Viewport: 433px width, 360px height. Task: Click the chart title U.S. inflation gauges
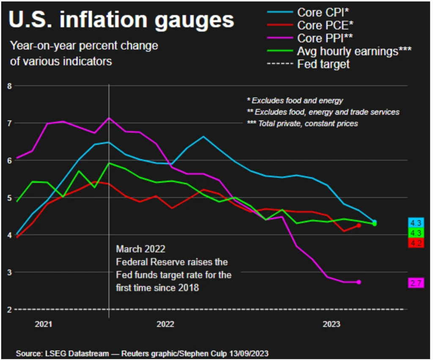tap(121, 20)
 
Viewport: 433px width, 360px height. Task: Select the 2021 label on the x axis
tap(44, 324)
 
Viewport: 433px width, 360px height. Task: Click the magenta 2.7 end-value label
tap(416, 283)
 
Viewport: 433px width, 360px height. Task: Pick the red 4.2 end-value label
tap(416, 243)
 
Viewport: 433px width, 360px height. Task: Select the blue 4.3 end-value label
tap(416, 223)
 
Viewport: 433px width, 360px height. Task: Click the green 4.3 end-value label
tap(416, 233)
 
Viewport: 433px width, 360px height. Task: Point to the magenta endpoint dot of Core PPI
tap(359, 282)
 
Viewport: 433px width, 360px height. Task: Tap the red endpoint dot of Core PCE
tap(359, 225)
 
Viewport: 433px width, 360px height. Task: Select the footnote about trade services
tap(323, 112)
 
